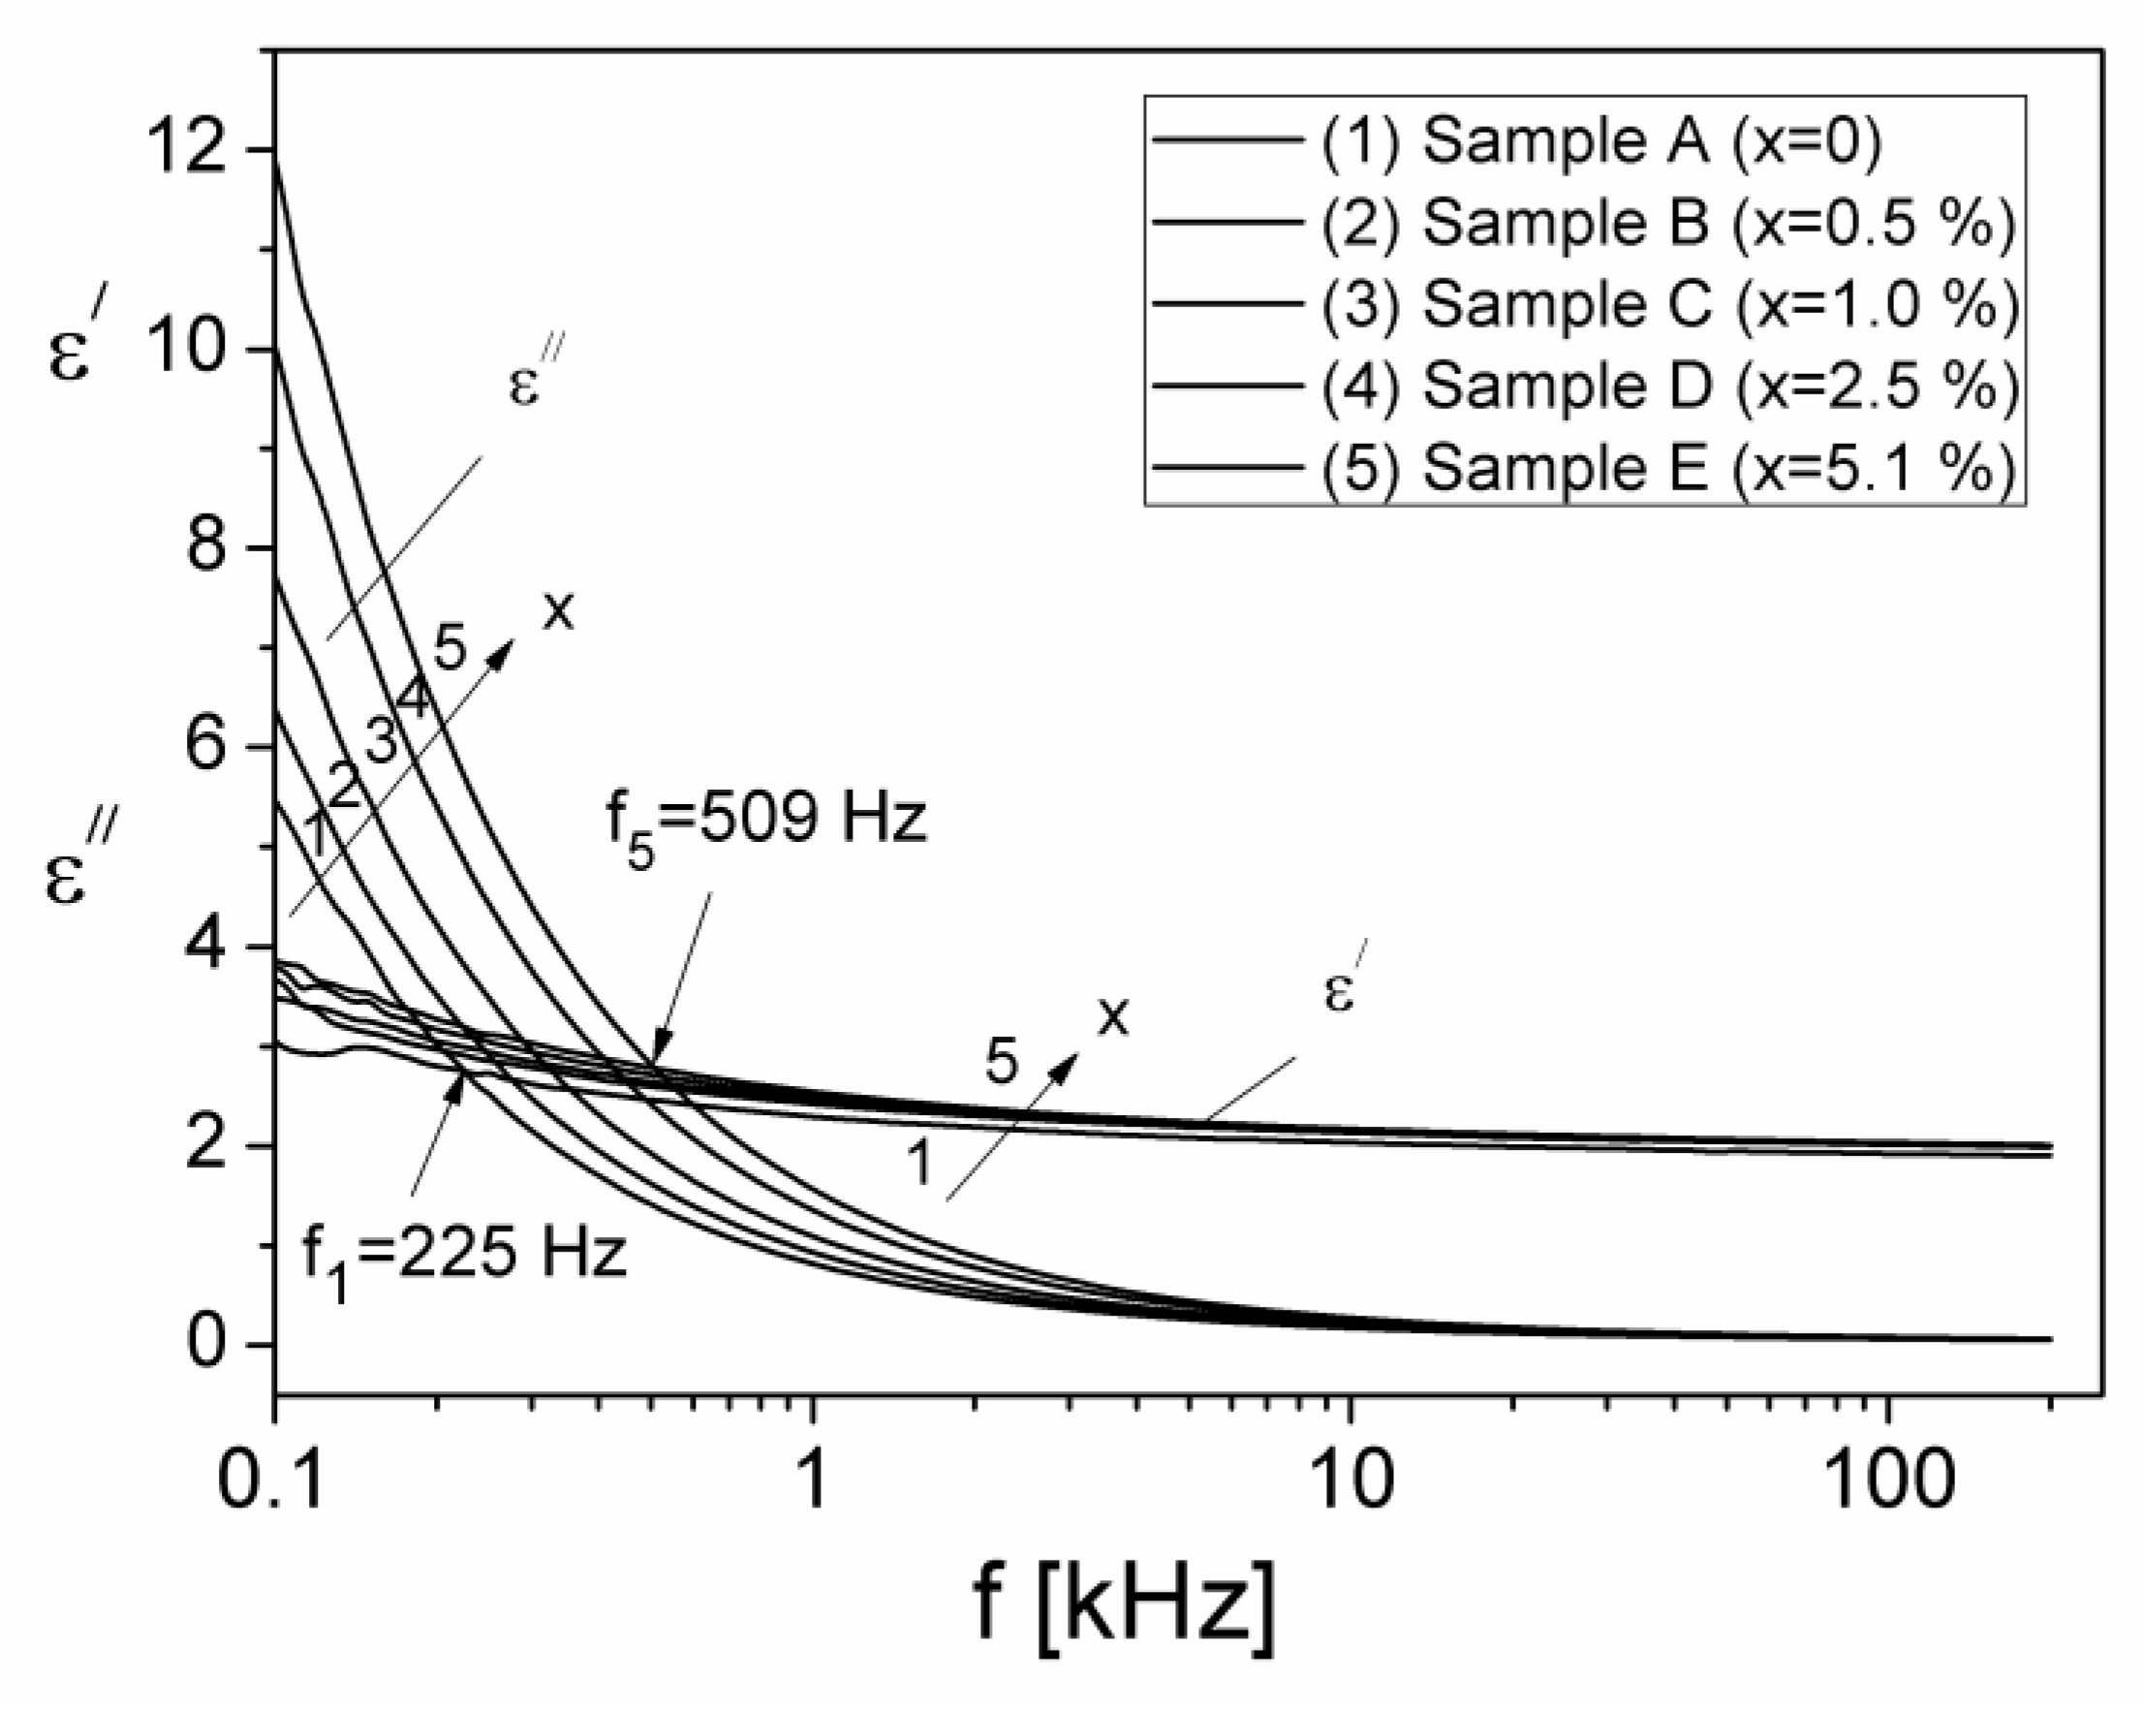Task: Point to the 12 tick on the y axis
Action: (x=197, y=150)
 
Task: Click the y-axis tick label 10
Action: (x=197, y=350)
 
